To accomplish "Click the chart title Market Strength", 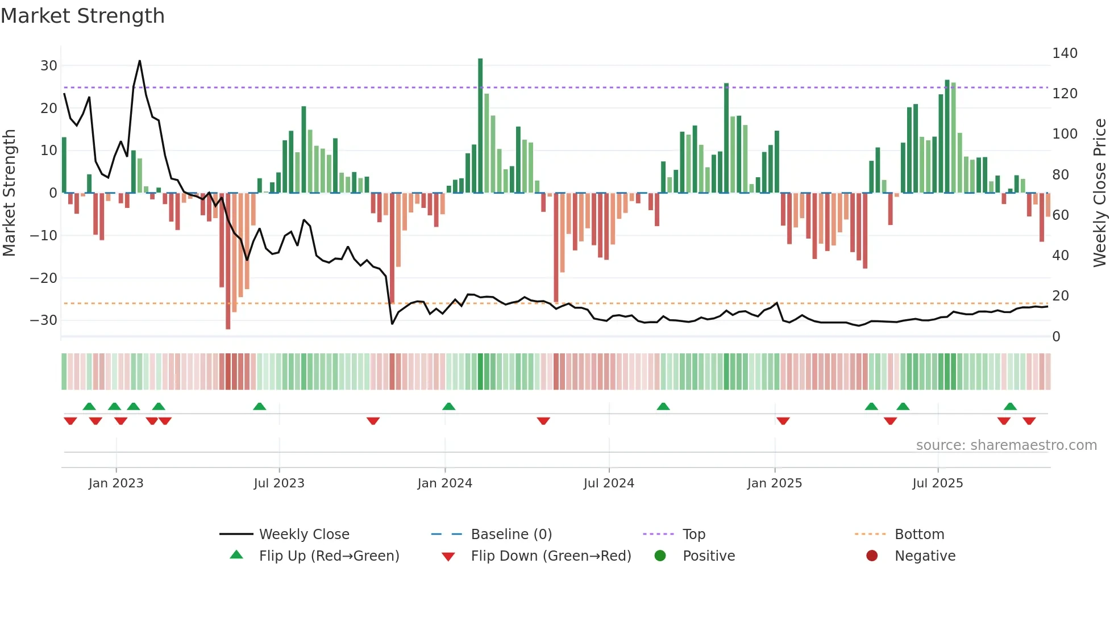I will point(82,16).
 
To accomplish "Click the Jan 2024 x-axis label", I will point(444,483).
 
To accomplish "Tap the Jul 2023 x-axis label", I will point(279,483).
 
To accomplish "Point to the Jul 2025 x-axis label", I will point(937,483).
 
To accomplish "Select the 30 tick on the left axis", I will point(48,66).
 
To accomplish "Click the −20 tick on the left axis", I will point(44,278).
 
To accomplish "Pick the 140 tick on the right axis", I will point(1065,53).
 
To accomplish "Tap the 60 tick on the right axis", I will point(1061,215).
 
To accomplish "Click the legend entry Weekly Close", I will point(304,535).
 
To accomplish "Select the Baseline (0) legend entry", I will point(511,535).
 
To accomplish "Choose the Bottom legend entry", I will point(919,535).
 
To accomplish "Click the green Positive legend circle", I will point(660,556).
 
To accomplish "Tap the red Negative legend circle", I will point(871,556).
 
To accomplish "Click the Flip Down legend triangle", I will point(448,557).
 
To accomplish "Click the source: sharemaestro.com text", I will point(1006,445).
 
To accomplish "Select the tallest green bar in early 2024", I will point(480,125).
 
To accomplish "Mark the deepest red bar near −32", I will point(228,261).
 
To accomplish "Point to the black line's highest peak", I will point(140,61).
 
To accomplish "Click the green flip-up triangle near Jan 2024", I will point(448,407).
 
